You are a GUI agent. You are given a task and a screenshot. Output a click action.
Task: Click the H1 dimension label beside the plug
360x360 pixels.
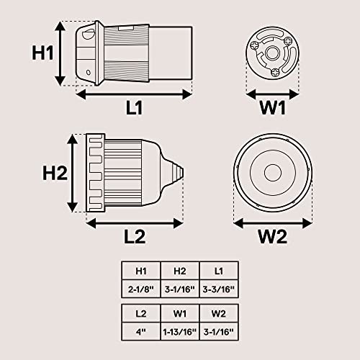(42, 53)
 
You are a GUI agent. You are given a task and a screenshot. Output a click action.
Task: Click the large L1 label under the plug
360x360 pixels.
(134, 107)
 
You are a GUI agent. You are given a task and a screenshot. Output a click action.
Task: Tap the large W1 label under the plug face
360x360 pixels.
(272, 108)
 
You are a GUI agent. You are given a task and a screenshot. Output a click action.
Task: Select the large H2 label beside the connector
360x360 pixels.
(55, 173)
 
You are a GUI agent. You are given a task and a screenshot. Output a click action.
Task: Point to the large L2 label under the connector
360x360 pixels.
(135, 237)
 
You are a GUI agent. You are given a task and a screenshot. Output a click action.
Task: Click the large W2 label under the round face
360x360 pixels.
(272, 237)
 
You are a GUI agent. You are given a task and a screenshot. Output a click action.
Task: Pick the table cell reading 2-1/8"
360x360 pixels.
(141, 289)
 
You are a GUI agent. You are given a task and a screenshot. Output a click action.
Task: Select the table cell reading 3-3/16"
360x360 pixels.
(218, 289)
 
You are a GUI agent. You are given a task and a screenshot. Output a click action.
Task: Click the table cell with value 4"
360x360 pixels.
(141, 332)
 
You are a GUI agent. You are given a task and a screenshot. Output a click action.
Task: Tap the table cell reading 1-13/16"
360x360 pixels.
(180, 332)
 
